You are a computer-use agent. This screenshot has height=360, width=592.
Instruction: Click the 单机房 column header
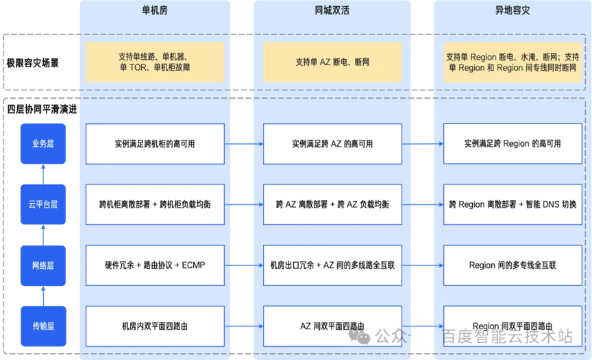click(154, 12)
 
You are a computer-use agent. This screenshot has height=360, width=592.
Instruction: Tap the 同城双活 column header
click(332, 12)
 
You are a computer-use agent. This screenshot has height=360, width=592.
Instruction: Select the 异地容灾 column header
click(513, 12)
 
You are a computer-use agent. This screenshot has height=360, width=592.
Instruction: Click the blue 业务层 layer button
click(43, 144)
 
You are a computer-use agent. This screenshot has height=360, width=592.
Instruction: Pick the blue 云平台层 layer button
click(43, 204)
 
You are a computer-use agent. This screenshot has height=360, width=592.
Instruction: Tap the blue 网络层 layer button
click(43, 265)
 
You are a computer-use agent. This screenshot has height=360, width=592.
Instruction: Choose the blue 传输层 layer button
click(43, 325)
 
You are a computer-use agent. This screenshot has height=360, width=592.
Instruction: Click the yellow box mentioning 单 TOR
click(155, 62)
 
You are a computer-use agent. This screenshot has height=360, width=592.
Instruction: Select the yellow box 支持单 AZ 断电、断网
click(332, 62)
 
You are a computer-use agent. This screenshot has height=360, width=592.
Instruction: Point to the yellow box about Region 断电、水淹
click(513, 62)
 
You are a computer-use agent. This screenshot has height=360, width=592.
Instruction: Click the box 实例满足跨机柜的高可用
click(155, 144)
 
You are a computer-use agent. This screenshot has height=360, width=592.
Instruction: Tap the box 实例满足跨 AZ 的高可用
click(332, 144)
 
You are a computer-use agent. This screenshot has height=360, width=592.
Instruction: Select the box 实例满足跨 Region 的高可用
click(513, 144)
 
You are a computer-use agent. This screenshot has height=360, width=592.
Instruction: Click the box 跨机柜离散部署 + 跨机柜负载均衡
click(155, 204)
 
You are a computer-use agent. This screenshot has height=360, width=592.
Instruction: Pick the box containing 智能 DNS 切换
click(513, 204)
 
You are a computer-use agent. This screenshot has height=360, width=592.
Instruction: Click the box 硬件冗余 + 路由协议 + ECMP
click(155, 265)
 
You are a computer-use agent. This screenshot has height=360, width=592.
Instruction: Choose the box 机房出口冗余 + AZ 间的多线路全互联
click(332, 265)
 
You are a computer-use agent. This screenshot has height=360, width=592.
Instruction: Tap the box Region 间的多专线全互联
click(513, 265)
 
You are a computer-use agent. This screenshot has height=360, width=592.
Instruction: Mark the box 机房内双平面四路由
click(155, 326)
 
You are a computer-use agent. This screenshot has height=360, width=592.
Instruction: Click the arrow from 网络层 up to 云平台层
click(43, 235)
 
